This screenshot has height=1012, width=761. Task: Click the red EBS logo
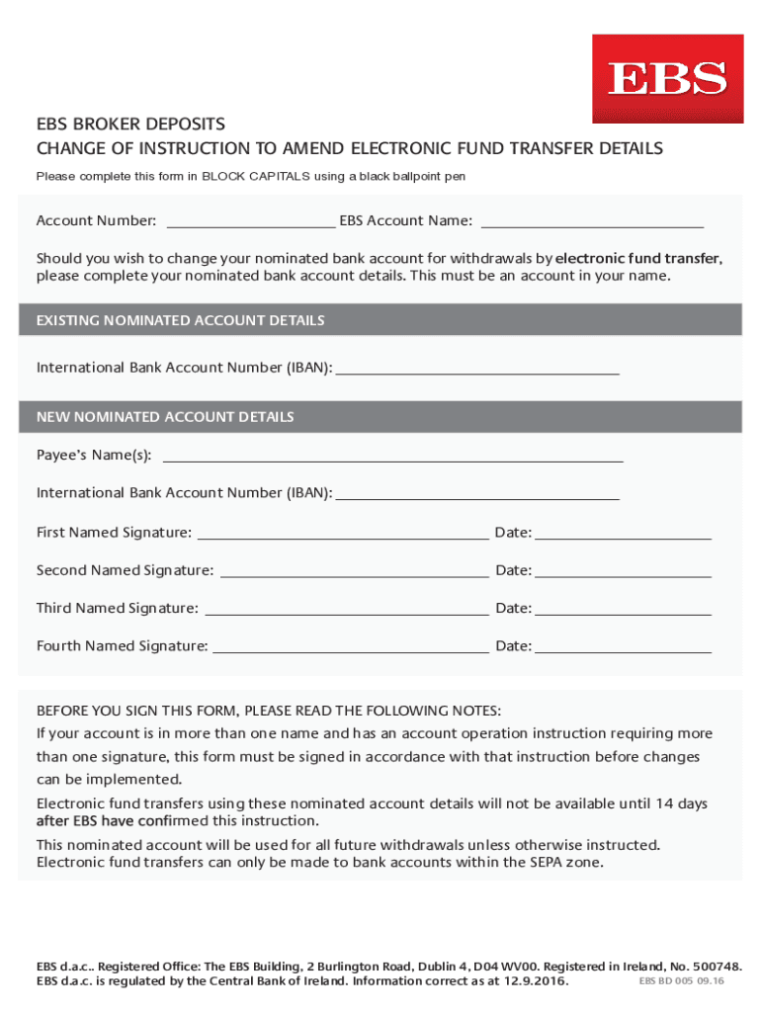(667, 79)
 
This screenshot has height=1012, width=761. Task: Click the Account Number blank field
(251, 220)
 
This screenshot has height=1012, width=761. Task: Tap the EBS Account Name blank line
(591, 220)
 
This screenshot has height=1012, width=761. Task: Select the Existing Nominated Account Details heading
(181, 320)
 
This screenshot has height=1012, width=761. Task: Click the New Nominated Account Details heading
(165, 417)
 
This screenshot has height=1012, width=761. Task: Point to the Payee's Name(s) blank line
(392, 456)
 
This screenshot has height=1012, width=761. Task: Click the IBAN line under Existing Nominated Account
(477, 369)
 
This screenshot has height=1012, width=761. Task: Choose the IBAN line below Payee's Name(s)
(477, 493)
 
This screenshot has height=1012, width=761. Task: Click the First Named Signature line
(343, 534)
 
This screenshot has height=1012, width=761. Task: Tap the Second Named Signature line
(354, 571)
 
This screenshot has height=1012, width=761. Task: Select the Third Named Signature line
(346, 609)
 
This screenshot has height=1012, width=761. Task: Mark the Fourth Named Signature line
(351, 647)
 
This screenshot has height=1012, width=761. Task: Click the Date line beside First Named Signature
(623, 534)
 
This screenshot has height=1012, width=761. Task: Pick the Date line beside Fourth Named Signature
(623, 647)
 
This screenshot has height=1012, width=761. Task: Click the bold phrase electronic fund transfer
(637, 258)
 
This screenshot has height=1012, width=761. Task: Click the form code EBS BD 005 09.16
(682, 980)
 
